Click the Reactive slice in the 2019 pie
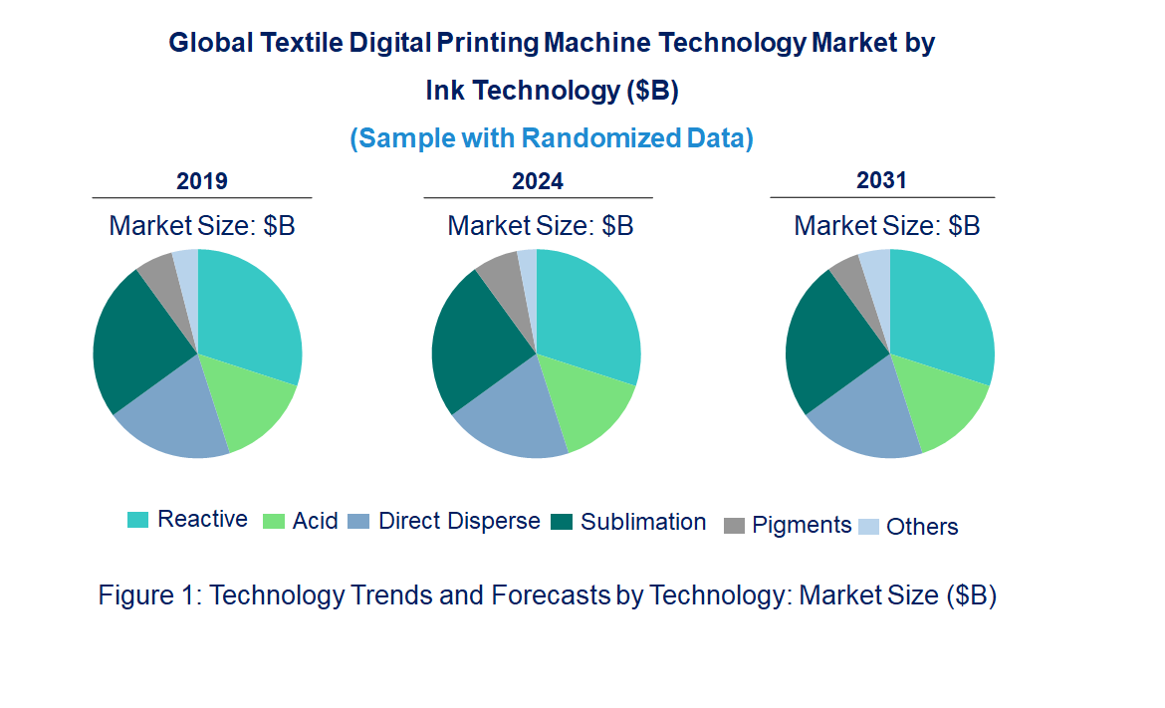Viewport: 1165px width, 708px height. (249, 314)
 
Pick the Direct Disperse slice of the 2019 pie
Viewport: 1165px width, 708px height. (179, 418)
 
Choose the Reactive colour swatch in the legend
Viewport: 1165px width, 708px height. (138, 520)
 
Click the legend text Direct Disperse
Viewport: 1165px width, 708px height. (459, 521)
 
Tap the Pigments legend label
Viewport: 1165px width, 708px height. (802, 525)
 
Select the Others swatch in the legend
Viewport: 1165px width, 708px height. (869, 527)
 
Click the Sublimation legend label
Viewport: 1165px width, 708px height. (643, 522)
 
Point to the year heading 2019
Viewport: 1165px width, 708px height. (202, 181)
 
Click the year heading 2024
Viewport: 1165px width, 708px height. (538, 181)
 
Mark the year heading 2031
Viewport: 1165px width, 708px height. (882, 180)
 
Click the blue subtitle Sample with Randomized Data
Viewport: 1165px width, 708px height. (552, 138)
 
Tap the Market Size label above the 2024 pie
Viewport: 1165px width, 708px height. (541, 226)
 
